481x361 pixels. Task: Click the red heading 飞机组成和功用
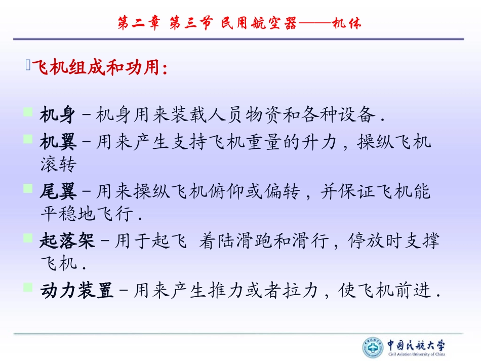coord(99,67)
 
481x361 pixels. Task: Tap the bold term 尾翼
coord(58,192)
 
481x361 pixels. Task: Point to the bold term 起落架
coord(67,241)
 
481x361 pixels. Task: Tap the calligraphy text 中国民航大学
coord(416,345)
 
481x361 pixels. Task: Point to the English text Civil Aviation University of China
coord(416,355)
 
